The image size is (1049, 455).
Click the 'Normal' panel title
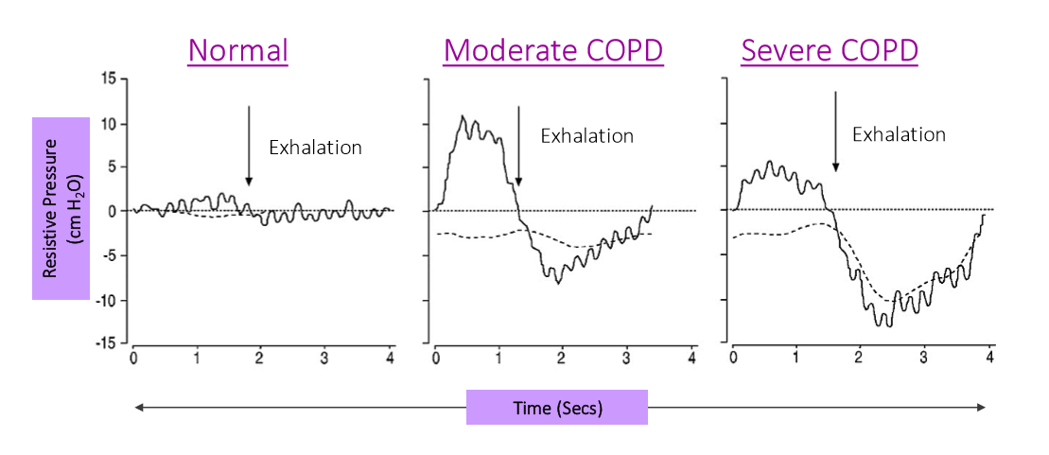237,50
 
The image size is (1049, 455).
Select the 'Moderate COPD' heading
553,50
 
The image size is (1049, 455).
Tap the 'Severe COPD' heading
830,50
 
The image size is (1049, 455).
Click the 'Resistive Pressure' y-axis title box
61,208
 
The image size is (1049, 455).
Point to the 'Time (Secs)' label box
557,407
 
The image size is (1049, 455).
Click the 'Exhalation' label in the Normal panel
316,147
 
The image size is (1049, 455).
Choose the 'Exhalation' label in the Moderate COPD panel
586,135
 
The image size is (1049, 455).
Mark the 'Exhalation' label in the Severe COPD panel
899,134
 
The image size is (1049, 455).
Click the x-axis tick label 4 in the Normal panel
389,359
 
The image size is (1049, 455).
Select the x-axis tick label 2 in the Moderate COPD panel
563,359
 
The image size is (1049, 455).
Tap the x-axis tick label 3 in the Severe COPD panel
924,359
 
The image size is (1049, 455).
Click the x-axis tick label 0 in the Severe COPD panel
734,359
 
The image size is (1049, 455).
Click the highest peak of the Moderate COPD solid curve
463,116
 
